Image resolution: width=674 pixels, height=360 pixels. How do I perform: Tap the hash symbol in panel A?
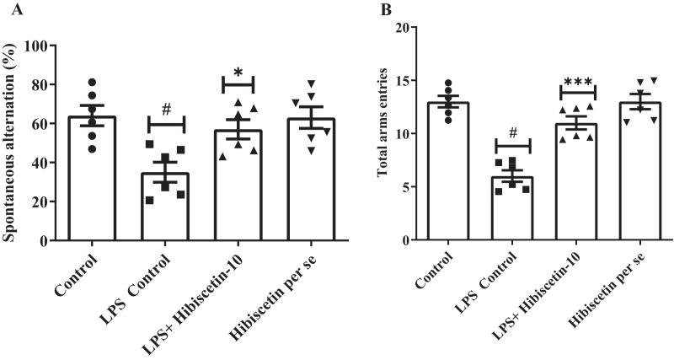(167, 110)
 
